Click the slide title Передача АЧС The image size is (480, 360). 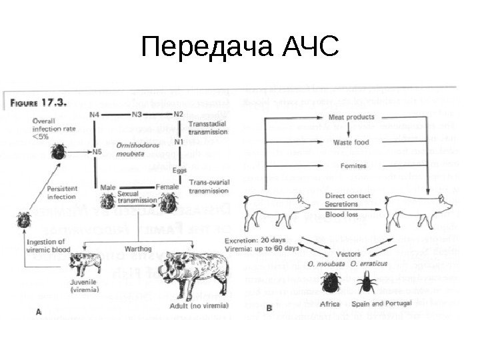(240, 47)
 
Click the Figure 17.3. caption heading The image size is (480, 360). (39, 103)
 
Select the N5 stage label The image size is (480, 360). (97, 151)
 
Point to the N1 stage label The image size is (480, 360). (178, 142)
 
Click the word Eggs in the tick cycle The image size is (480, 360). (179, 169)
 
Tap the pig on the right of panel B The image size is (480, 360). (415, 208)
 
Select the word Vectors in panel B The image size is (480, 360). (349, 254)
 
